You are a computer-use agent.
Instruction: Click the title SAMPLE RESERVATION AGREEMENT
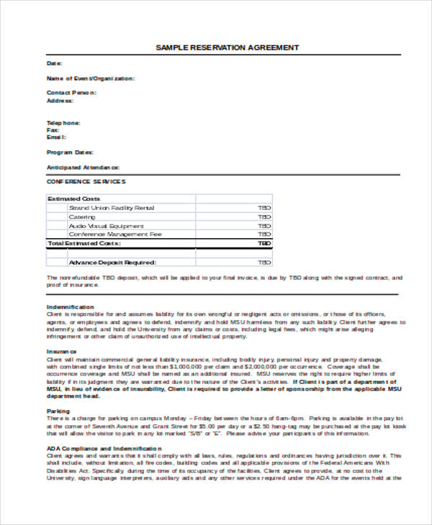click(x=227, y=47)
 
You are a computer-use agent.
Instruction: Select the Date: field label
click(x=55, y=63)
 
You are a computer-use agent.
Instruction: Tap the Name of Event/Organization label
click(x=90, y=78)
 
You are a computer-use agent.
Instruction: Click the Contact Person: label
click(x=71, y=93)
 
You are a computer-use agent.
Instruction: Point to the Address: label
click(x=60, y=101)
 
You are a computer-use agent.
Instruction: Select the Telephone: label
click(x=63, y=122)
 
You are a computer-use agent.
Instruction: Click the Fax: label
click(x=53, y=129)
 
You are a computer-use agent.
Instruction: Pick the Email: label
click(x=56, y=137)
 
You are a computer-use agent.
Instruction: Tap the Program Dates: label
click(x=70, y=152)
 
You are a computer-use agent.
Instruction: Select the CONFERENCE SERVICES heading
click(x=86, y=181)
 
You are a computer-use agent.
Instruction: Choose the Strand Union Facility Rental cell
click(x=111, y=208)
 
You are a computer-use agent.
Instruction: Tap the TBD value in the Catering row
click(x=264, y=216)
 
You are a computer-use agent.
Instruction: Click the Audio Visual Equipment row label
click(x=107, y=225)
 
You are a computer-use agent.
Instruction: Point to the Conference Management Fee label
click(x=114, y=234)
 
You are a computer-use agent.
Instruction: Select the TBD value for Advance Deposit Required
click(x=264, y=262)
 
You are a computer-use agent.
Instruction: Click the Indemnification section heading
click(x=71, y=306)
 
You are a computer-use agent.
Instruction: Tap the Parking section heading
click(x=58, y=411)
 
